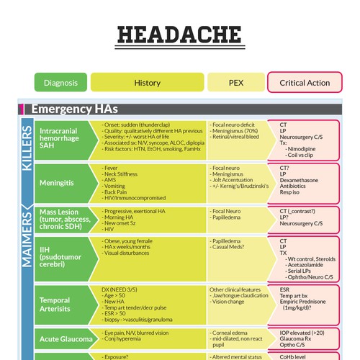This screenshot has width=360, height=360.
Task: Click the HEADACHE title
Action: [179, 34]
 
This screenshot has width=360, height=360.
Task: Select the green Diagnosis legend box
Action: [60, 83]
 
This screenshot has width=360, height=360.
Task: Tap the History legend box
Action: [147, 83]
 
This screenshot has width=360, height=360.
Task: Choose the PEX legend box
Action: [235, 83]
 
